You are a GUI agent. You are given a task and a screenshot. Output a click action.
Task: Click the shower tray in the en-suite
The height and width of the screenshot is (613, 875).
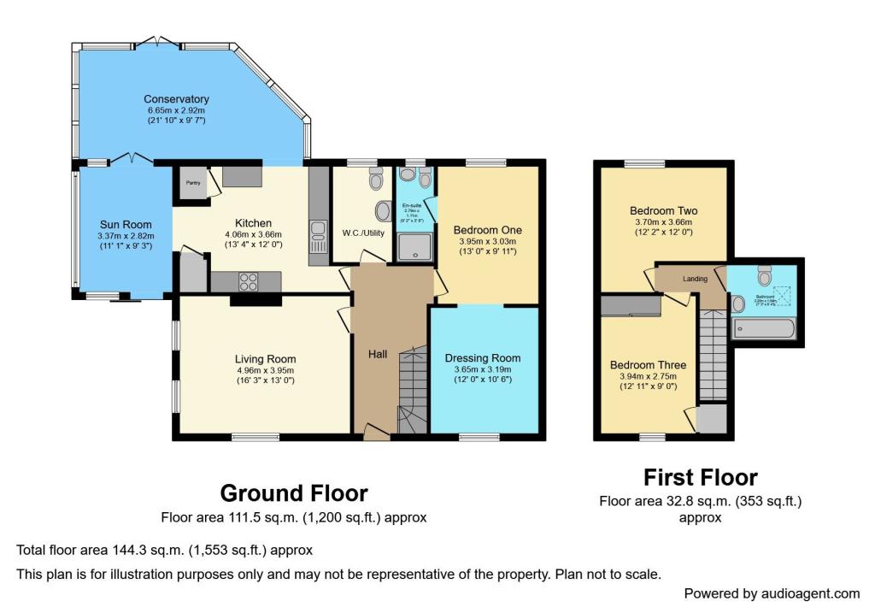[414, 248]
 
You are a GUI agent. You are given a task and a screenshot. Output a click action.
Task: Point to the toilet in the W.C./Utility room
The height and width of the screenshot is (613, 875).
[375, 180]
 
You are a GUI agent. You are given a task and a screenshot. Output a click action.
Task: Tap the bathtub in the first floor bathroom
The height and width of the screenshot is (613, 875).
[765, 329]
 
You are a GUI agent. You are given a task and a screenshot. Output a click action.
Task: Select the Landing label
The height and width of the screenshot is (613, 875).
[695, 279]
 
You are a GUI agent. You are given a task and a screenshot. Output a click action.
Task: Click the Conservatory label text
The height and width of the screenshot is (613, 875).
[176, 98]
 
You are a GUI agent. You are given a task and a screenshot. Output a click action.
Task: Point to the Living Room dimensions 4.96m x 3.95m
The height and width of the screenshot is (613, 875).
[265, 371]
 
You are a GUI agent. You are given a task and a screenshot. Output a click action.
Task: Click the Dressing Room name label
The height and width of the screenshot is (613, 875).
[483, 358]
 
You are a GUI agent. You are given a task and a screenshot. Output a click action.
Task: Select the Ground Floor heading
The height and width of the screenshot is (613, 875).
[294, 493]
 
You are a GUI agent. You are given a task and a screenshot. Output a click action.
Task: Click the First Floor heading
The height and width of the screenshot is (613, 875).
[700, 476]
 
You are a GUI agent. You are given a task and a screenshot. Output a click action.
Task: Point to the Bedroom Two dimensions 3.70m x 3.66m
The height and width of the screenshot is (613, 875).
[663, 222]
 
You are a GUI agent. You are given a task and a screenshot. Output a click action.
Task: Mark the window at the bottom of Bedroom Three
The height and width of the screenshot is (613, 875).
[652, 437]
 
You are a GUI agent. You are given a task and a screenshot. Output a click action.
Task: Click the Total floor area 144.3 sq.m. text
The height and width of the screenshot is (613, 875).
[164, 550]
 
